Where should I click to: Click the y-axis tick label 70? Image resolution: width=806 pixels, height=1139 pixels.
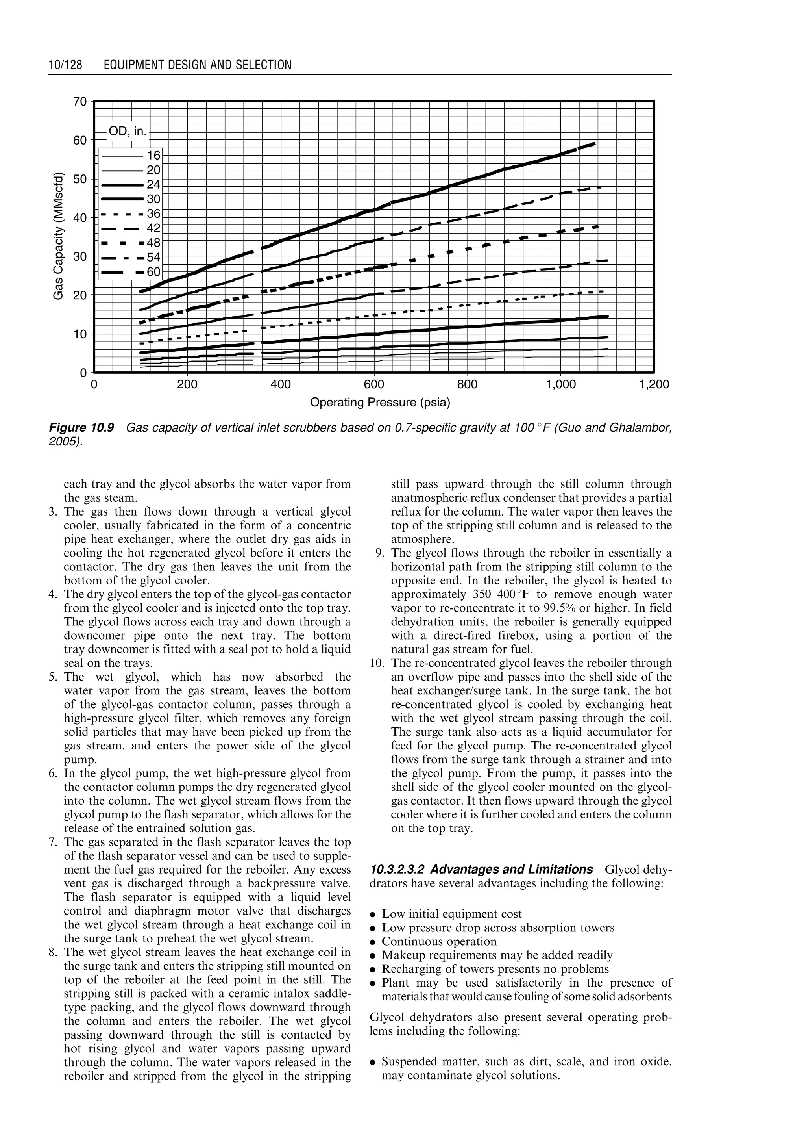click(x=79, y=102)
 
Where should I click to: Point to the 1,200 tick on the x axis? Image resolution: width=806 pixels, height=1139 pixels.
click(x=654, y=385)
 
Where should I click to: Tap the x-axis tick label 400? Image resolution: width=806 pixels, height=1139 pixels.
click(x=281, y=385)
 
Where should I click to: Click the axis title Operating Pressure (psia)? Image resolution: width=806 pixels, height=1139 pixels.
click(x=380, y=403)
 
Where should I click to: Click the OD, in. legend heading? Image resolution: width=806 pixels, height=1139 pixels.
click(x=128, y=132)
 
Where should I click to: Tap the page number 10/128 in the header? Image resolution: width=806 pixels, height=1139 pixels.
click(x=65, y=65)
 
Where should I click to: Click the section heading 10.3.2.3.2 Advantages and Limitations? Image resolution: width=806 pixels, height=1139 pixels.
click(x=481, y=870)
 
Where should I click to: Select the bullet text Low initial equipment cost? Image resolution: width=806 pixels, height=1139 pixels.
click(x=452, y=915)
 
